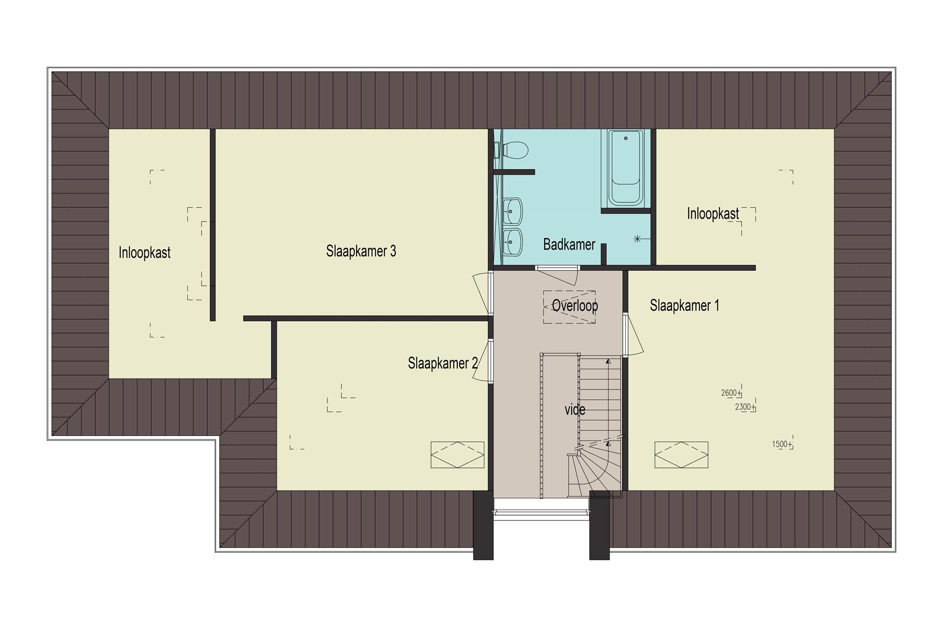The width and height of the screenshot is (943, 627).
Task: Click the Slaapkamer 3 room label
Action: coord(361,251)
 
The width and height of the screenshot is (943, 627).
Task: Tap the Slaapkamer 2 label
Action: coord(443,363)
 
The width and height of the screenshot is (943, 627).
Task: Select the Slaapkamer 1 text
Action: coord(685,305)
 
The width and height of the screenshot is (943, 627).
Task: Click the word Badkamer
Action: coord(569,244)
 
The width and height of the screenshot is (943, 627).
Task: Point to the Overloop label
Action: coord(575,306)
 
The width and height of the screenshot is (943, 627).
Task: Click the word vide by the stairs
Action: coord(575,409)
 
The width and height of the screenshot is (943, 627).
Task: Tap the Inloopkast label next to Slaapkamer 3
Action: coord(144,253)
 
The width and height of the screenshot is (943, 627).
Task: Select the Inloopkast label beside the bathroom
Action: coord(713,214)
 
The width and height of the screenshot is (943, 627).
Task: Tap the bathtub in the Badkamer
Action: coord(626,168)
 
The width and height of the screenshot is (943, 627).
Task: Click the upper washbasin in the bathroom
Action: coord(513,212)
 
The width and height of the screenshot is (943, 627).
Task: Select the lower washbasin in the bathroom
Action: coord(513,242)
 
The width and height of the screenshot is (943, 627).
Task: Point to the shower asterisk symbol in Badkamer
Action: coord(638,239)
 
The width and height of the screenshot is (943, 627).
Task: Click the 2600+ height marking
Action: coord(731,393)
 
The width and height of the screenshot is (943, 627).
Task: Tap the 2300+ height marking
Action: coord(746,407)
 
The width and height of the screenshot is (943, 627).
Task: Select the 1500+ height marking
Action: coord(782,444)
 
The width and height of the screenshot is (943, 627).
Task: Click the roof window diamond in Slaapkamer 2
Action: coord(458,455)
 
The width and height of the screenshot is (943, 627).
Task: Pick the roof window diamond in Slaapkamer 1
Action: coord(681,455)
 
